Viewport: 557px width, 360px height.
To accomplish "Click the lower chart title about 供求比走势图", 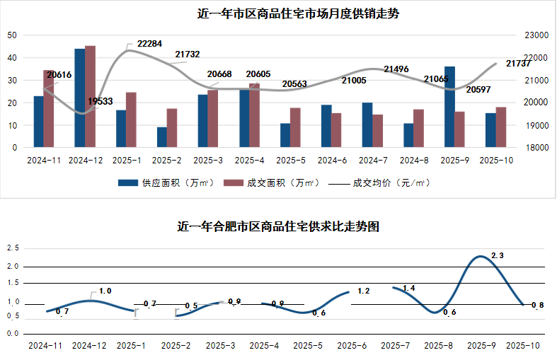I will tap(278, 227).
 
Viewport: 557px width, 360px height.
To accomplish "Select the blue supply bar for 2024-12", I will tap(79, 98).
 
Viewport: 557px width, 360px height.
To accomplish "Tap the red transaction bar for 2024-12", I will tap(90, 97).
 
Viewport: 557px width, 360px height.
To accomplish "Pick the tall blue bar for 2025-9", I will tap(449, 107).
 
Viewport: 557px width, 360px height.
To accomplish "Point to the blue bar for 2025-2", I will tap(162, 137).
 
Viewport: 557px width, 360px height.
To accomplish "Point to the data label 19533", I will tap(101, 102).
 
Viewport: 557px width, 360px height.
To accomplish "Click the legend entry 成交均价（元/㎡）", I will tap(391, 182).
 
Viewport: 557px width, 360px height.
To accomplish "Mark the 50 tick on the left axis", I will tap(12, 35).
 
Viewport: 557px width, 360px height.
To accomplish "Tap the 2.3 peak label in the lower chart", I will tap(497, 255).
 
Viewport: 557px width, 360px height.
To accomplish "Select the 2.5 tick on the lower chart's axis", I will tap(12, 248).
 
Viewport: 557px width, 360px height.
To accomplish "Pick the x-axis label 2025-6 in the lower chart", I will tap(351, 347).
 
